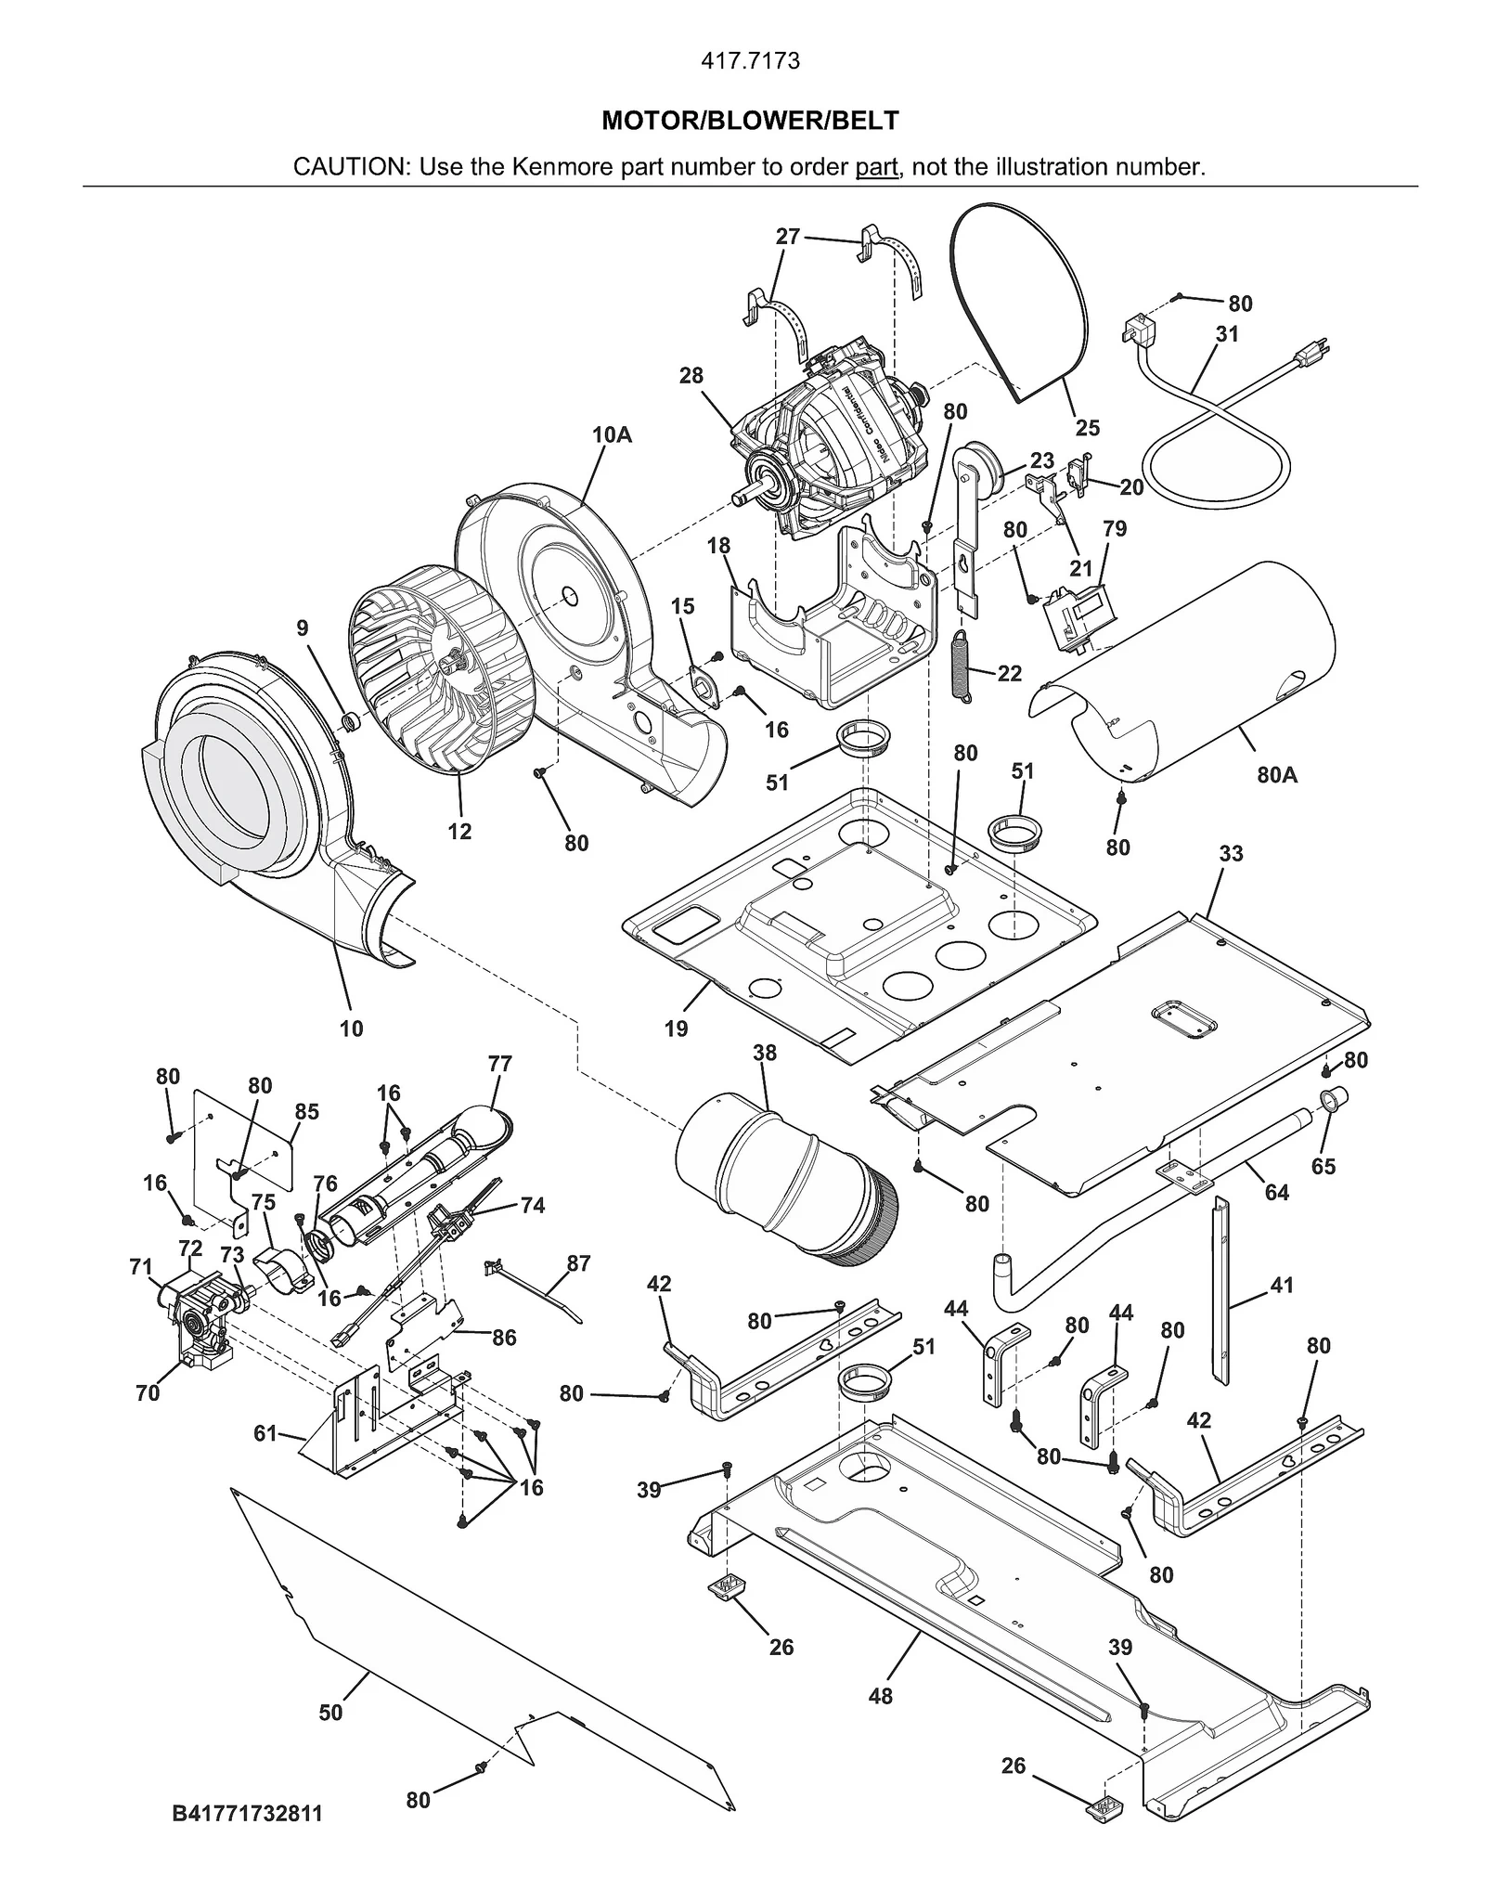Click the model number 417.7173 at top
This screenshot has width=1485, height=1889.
pos(749,61)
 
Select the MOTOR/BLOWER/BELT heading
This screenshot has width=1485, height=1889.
pos(750,121)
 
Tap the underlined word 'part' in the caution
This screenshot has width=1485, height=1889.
pos(876,167)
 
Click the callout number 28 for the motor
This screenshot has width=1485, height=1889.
pos(691,376)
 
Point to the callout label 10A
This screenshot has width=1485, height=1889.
pos(612,434)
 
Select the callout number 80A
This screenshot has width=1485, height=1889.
pos(1277,774)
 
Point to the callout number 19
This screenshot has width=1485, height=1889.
pos(676,1029)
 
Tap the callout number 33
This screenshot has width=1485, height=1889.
pos(1231,853)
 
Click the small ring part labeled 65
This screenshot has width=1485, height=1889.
pos(1333,1102)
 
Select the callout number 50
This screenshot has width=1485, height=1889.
pos(330,1713)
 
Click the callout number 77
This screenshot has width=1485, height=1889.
pos(499,1064)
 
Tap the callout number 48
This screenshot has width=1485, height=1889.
pos(880,1696)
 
